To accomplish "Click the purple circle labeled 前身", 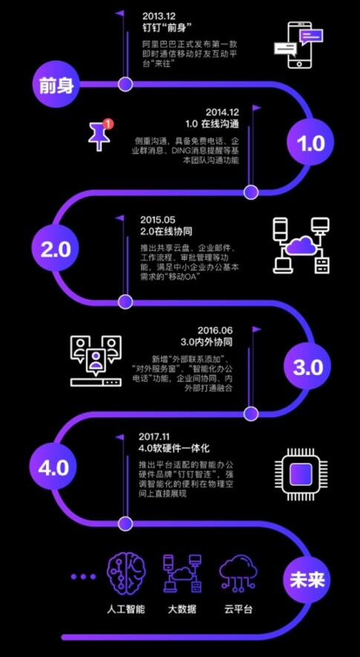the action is coord(56,85).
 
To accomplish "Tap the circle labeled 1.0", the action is coord(310,143).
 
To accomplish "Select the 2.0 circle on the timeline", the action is coord(56,249).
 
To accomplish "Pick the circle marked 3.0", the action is coord(309,367).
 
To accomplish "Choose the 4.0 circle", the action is coord(53,467).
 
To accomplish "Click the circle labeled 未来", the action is coord(307,580).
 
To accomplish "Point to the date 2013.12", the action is coord(159,16).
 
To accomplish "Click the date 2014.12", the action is coord(222,112).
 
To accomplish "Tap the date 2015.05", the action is coord(158,220).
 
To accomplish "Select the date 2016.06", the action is coord(215,330).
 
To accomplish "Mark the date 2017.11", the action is coord(155,437).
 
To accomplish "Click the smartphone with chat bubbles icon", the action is coord(298,45).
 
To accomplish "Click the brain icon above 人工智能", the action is coord(127,572).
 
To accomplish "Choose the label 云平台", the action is coord(238,609).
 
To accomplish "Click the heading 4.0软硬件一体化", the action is coord(174,448).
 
